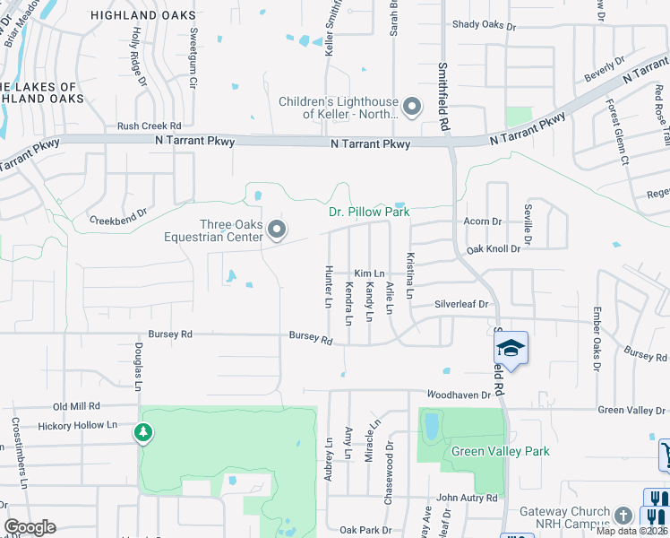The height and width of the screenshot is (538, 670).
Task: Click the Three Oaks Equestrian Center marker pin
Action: [x=277, y=230]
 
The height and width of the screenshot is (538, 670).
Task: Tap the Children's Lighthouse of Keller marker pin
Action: [x=412, y=108]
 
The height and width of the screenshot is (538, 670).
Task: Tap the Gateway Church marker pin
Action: [x=623, y=516]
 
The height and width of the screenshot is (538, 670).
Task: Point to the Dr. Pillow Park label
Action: [x=368, y=213]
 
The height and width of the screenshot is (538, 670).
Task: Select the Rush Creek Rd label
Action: [x=149, y=126]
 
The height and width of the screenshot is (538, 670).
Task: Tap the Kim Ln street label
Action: [x=369, y=273]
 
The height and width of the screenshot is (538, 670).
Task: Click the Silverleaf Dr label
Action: [x=461, y=305]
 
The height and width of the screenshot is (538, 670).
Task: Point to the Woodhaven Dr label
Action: [x=459, y=395]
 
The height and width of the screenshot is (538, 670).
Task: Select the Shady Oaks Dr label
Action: [x=485, y=26]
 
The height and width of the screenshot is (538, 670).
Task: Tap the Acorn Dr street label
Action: [x=483, y=221]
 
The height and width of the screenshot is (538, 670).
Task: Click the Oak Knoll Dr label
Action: [x=493, y=248]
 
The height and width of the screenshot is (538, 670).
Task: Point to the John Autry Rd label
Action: [x=466, y=498]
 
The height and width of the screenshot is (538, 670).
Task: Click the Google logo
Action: [x=30, y=527]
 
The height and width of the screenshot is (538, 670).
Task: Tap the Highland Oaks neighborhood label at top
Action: [x=143, y=15]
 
